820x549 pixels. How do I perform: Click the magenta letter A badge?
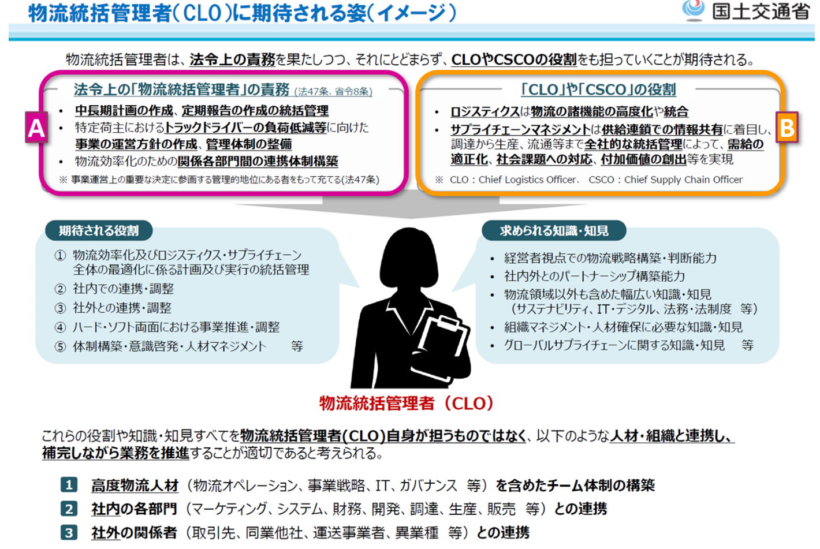point(36,128)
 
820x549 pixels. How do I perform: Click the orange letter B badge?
point(787,128)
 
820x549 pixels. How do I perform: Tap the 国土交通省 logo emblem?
point(693,10)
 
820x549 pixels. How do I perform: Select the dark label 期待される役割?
point(99,231)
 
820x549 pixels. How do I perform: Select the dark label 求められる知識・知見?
point(554,231)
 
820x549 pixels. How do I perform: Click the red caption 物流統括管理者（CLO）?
point(407,403)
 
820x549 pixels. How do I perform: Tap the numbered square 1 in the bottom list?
point(69,485)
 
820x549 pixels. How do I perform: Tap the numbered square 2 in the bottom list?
point(69,509)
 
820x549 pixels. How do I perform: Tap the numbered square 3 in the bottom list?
point(69,532)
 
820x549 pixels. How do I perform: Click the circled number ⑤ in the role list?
point(60,346)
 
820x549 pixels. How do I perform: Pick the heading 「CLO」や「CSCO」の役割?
point(598,89)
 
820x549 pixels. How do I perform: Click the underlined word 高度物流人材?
point(135,485)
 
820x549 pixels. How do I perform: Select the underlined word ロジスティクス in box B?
point(485,111)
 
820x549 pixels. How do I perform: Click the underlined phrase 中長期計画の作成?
point(124,110)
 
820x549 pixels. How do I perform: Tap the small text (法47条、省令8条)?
point(333,91)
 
